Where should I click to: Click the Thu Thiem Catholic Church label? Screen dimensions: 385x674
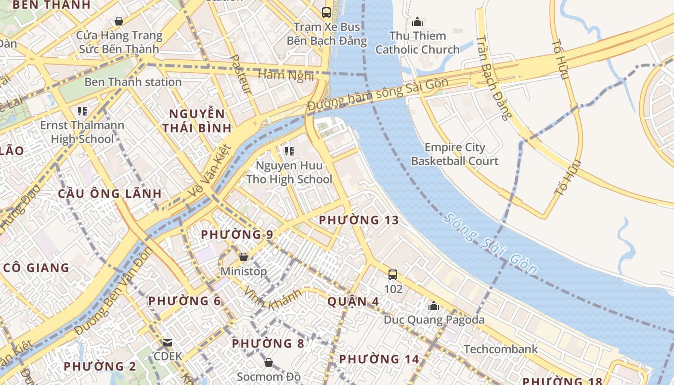pyautogui.click(x=417, y=42)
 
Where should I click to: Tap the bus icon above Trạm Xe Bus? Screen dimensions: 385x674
pyautogui.click(x=326, y=13)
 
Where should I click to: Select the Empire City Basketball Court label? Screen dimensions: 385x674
pyautogui.click(x=454, y=154)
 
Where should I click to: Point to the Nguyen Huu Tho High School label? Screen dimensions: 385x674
pyautogui.click(x=289, y=172)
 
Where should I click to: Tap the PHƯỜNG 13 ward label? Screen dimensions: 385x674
pyautogui.click(x=359, y=220)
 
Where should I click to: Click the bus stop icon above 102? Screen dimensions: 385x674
pyautogui.click(x=393, y=275)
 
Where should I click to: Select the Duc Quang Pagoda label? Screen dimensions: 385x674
pyautogui.click(x=434, y=320)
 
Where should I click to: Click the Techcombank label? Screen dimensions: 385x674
pyautogui.click(x=501, y=349)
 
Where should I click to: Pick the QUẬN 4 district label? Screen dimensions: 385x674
pyautogui.click(x=353, y=301)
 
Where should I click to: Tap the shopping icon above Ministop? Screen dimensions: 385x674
pyautogui.click(x=244, y=257)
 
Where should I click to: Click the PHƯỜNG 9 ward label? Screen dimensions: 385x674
pyautogui.click(x=237, y=234)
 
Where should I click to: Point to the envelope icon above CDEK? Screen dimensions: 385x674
pyautogui.click(x=168, y=343)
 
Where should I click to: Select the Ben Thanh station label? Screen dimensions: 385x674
pyautogui.click(x=133, y=82)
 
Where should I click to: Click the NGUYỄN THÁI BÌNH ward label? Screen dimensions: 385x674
pyautogui.click(x=197, y=121)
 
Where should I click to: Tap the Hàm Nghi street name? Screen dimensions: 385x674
pyautogui.click(x=286, y=75)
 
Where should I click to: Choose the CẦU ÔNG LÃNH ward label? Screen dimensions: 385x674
pyautogui.click(x=110, y=193)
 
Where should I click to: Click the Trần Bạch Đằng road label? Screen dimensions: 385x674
pyautogui.click(x=492, y=77)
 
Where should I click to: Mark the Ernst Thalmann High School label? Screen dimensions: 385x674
pyautogui.click(x=82, y=132)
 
